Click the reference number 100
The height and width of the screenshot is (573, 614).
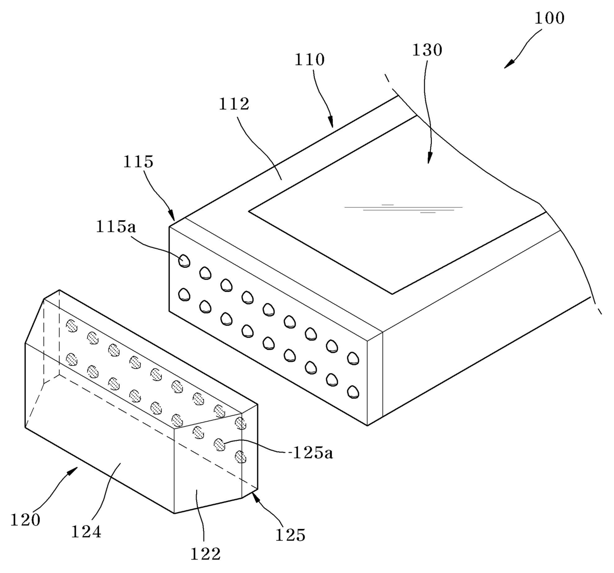pos(550,18)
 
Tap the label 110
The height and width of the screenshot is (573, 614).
pos(309,60)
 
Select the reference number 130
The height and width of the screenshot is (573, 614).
pos(427,50)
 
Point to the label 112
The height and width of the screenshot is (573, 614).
pos(234,104)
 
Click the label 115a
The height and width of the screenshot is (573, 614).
pos(116,227)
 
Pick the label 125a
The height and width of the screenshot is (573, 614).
pos(312,453)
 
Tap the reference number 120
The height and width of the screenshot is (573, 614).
pos(25,520)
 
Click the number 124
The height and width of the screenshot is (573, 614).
pos(86,532)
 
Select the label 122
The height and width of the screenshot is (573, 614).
pos(205,554)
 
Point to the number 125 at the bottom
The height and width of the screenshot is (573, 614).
pos(290,535)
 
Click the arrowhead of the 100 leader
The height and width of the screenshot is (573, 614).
pos(509,64)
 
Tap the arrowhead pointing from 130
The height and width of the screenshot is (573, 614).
pos(429,158)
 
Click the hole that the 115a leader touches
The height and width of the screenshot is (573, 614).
pos(184,261)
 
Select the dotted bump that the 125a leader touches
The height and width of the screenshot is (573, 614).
pos(219,445)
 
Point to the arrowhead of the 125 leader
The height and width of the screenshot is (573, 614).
pos(256,496)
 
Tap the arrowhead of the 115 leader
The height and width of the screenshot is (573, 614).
pos(172,215)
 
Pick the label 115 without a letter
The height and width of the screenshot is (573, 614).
pos(138,162)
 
